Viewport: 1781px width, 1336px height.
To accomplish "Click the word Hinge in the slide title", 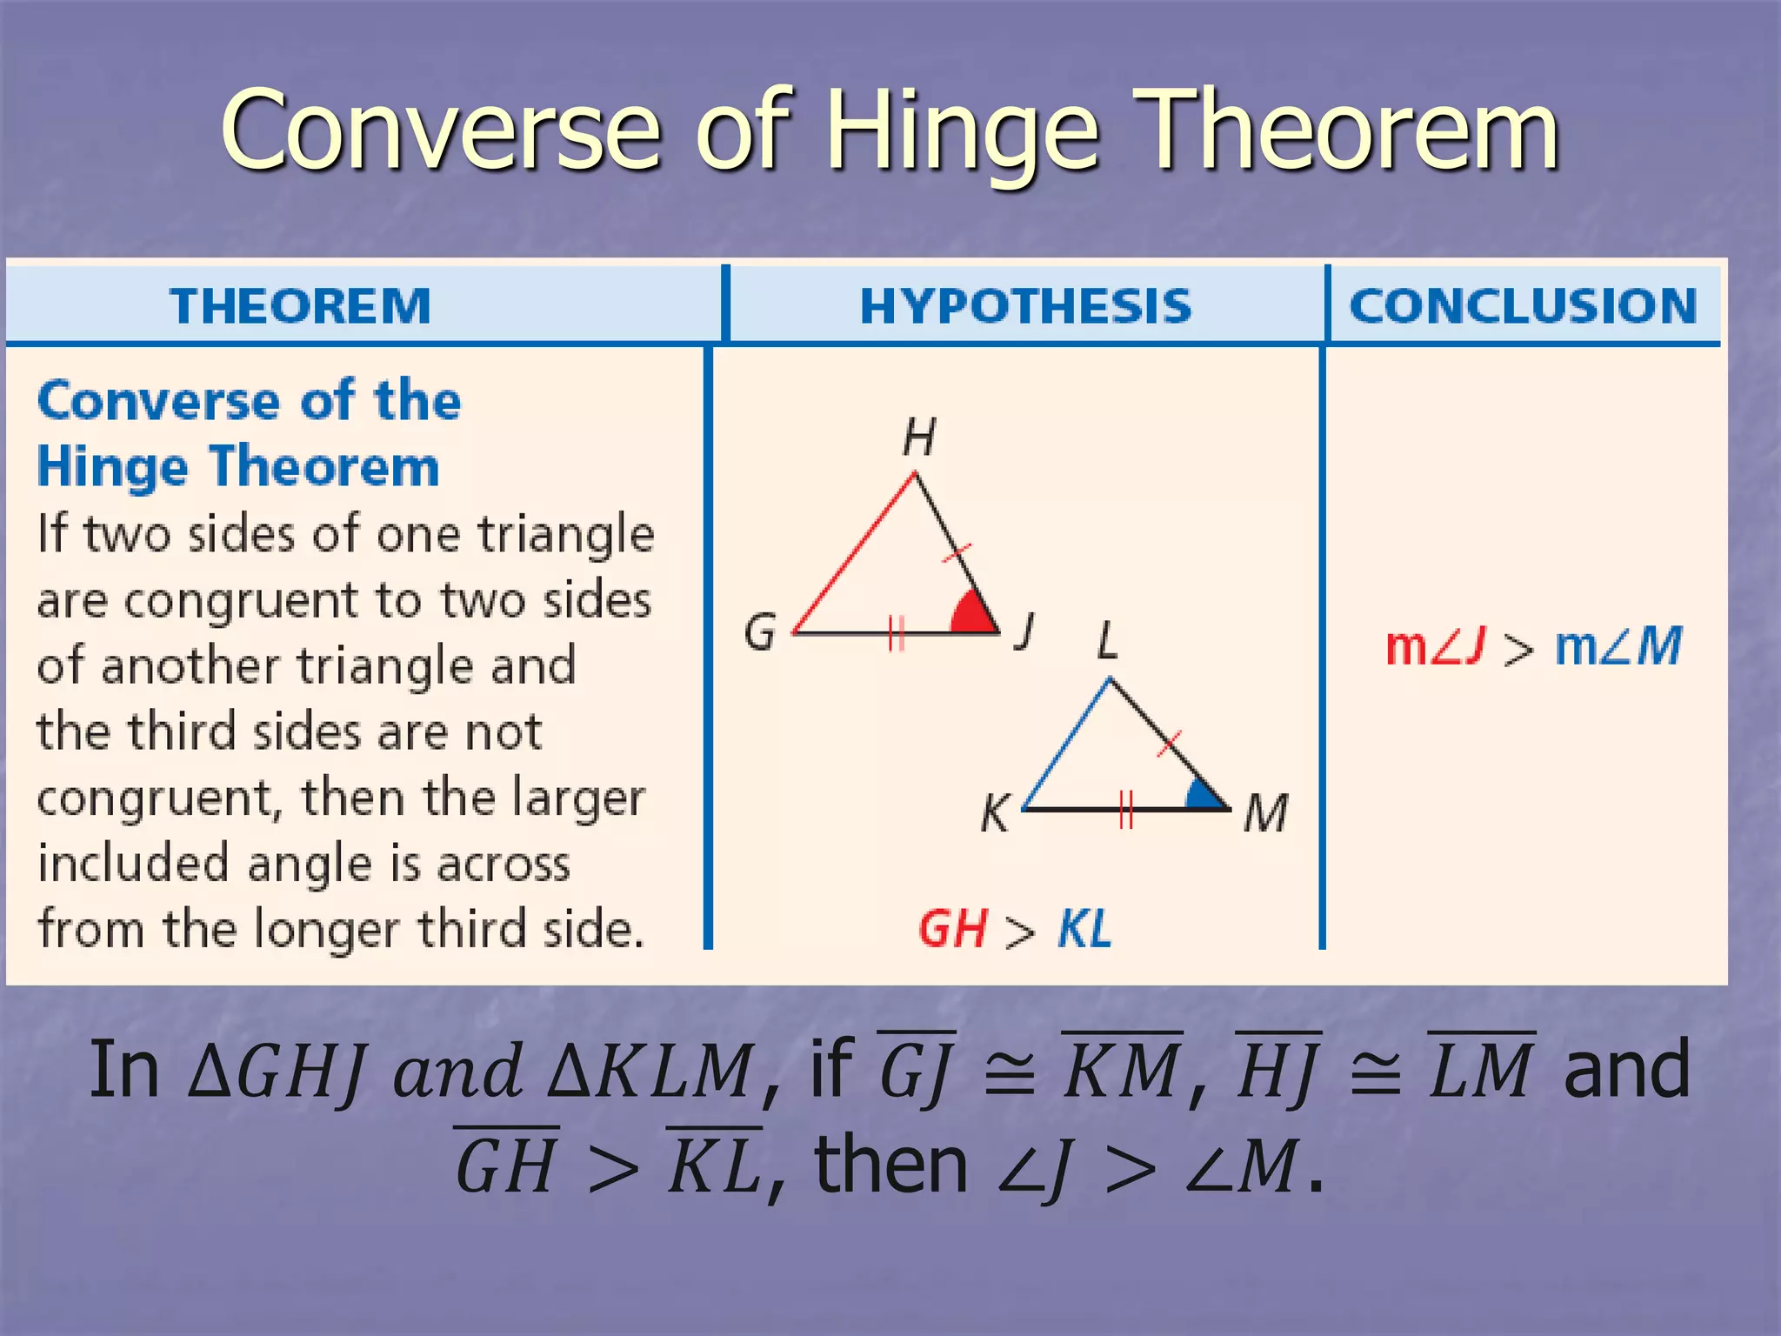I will [x=963, y=132].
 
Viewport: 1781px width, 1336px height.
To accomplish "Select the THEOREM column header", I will [x=300, y=306].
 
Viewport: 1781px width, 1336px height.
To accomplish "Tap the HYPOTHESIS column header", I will [x=1025, y=306].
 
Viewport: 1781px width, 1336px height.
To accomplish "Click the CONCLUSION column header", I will [x=1523, y=306].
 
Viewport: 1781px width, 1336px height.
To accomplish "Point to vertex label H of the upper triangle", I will [x=919, y=437].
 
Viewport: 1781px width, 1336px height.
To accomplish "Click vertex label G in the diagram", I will [x=760, y=631].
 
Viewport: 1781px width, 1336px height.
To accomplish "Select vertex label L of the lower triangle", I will [x=1107, y=642].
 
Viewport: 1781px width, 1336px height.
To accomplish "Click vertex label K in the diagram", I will [x=995, y=814].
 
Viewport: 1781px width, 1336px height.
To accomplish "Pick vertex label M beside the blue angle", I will [x=1265, y=814].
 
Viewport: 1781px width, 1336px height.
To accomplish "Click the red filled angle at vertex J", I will [x=971, y=615].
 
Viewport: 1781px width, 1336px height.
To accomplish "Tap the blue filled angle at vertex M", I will [x=1204, y=796].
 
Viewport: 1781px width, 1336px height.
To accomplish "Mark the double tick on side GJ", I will [x=897, y=632].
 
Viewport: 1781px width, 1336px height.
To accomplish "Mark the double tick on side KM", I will [x=1126, y=809].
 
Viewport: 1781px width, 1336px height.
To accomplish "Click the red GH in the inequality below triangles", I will [x=952, y=929].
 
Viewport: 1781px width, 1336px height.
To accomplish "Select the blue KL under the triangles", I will [x=1084, y=929].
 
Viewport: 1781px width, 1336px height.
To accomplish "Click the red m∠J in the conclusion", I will [x=1434, y=647].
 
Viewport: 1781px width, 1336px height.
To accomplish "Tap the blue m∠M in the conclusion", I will [x=1618, y=647].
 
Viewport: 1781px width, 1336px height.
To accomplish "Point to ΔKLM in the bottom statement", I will [x=649, y=1071].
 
